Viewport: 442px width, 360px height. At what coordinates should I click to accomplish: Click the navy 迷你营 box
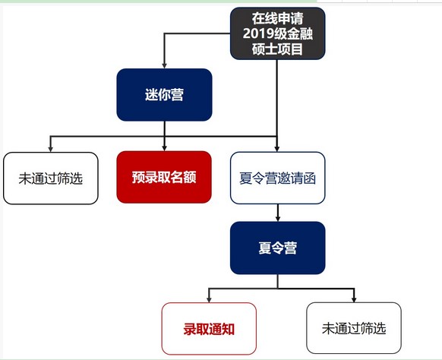point(164,95)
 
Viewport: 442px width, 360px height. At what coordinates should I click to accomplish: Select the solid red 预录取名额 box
point(164,177)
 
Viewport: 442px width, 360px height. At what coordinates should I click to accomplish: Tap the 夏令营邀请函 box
point(278,178)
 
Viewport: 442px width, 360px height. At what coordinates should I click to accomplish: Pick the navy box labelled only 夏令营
point(278,248)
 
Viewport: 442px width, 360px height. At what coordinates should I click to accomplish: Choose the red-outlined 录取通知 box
point(209,328)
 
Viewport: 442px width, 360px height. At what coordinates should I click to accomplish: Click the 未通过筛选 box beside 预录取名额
point(51,178)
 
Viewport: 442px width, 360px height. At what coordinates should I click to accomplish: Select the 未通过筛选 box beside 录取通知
point(354,328)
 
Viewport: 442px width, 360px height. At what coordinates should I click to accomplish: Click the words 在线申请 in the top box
point(278,18)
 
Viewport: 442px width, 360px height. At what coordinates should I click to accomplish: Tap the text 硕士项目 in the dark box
point(278,49)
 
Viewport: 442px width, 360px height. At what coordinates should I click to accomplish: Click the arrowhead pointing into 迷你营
point(164,65)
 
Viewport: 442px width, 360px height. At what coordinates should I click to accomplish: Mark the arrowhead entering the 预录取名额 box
point(164,148)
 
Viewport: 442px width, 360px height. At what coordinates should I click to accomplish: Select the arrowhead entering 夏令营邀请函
point(277,149)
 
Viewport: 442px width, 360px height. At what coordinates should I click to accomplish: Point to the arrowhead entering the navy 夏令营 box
point(278,219)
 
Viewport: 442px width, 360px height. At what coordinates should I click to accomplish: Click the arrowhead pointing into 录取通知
point(209,300)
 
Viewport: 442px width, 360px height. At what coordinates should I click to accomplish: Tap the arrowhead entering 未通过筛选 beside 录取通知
point(354,299)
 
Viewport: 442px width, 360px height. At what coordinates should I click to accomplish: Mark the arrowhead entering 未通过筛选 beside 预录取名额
point(50,149)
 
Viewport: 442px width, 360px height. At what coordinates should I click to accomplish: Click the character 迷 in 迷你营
point(151,95)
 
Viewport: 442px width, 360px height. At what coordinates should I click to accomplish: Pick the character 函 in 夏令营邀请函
point(310,178)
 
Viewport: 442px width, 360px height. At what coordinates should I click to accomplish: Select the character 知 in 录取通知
point(228,329)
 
